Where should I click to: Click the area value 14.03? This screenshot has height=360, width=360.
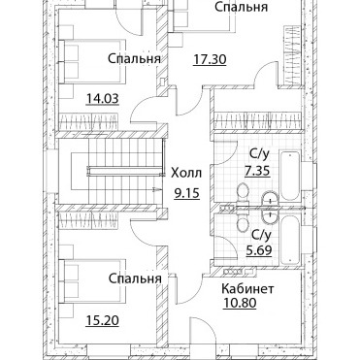103,99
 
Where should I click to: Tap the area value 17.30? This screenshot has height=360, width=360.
210,59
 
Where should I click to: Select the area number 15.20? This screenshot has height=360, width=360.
103,320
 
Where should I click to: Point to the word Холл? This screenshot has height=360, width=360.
186,173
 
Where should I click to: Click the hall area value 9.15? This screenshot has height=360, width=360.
186,193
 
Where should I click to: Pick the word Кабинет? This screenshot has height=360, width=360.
247,288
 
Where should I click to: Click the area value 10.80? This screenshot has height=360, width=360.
240,303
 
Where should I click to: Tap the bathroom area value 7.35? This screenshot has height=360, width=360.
257,171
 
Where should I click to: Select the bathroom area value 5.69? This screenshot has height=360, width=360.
258,249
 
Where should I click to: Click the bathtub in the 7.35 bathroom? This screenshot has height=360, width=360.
290,177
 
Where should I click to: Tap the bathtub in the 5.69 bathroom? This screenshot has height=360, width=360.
290,240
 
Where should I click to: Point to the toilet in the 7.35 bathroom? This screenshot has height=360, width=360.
242,194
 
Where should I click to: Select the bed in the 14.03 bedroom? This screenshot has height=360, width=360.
92,61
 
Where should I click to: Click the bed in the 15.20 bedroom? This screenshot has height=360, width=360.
92,281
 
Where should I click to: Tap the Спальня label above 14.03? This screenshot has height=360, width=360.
134,59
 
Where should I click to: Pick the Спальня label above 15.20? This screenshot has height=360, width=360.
135,278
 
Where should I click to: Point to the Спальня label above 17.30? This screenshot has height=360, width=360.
242,7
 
